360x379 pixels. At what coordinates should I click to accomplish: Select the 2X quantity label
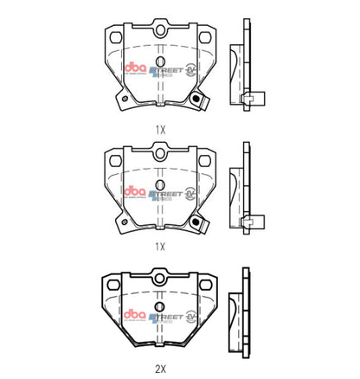(159, 366)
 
